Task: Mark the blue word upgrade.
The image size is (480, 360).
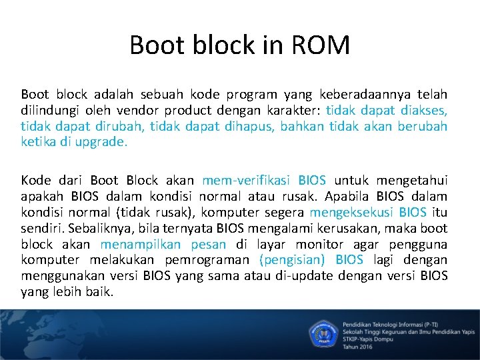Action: coord(102,142)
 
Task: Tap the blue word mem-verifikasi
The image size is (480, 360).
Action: coord(247,180)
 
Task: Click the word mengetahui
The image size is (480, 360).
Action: coord(410,180)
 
